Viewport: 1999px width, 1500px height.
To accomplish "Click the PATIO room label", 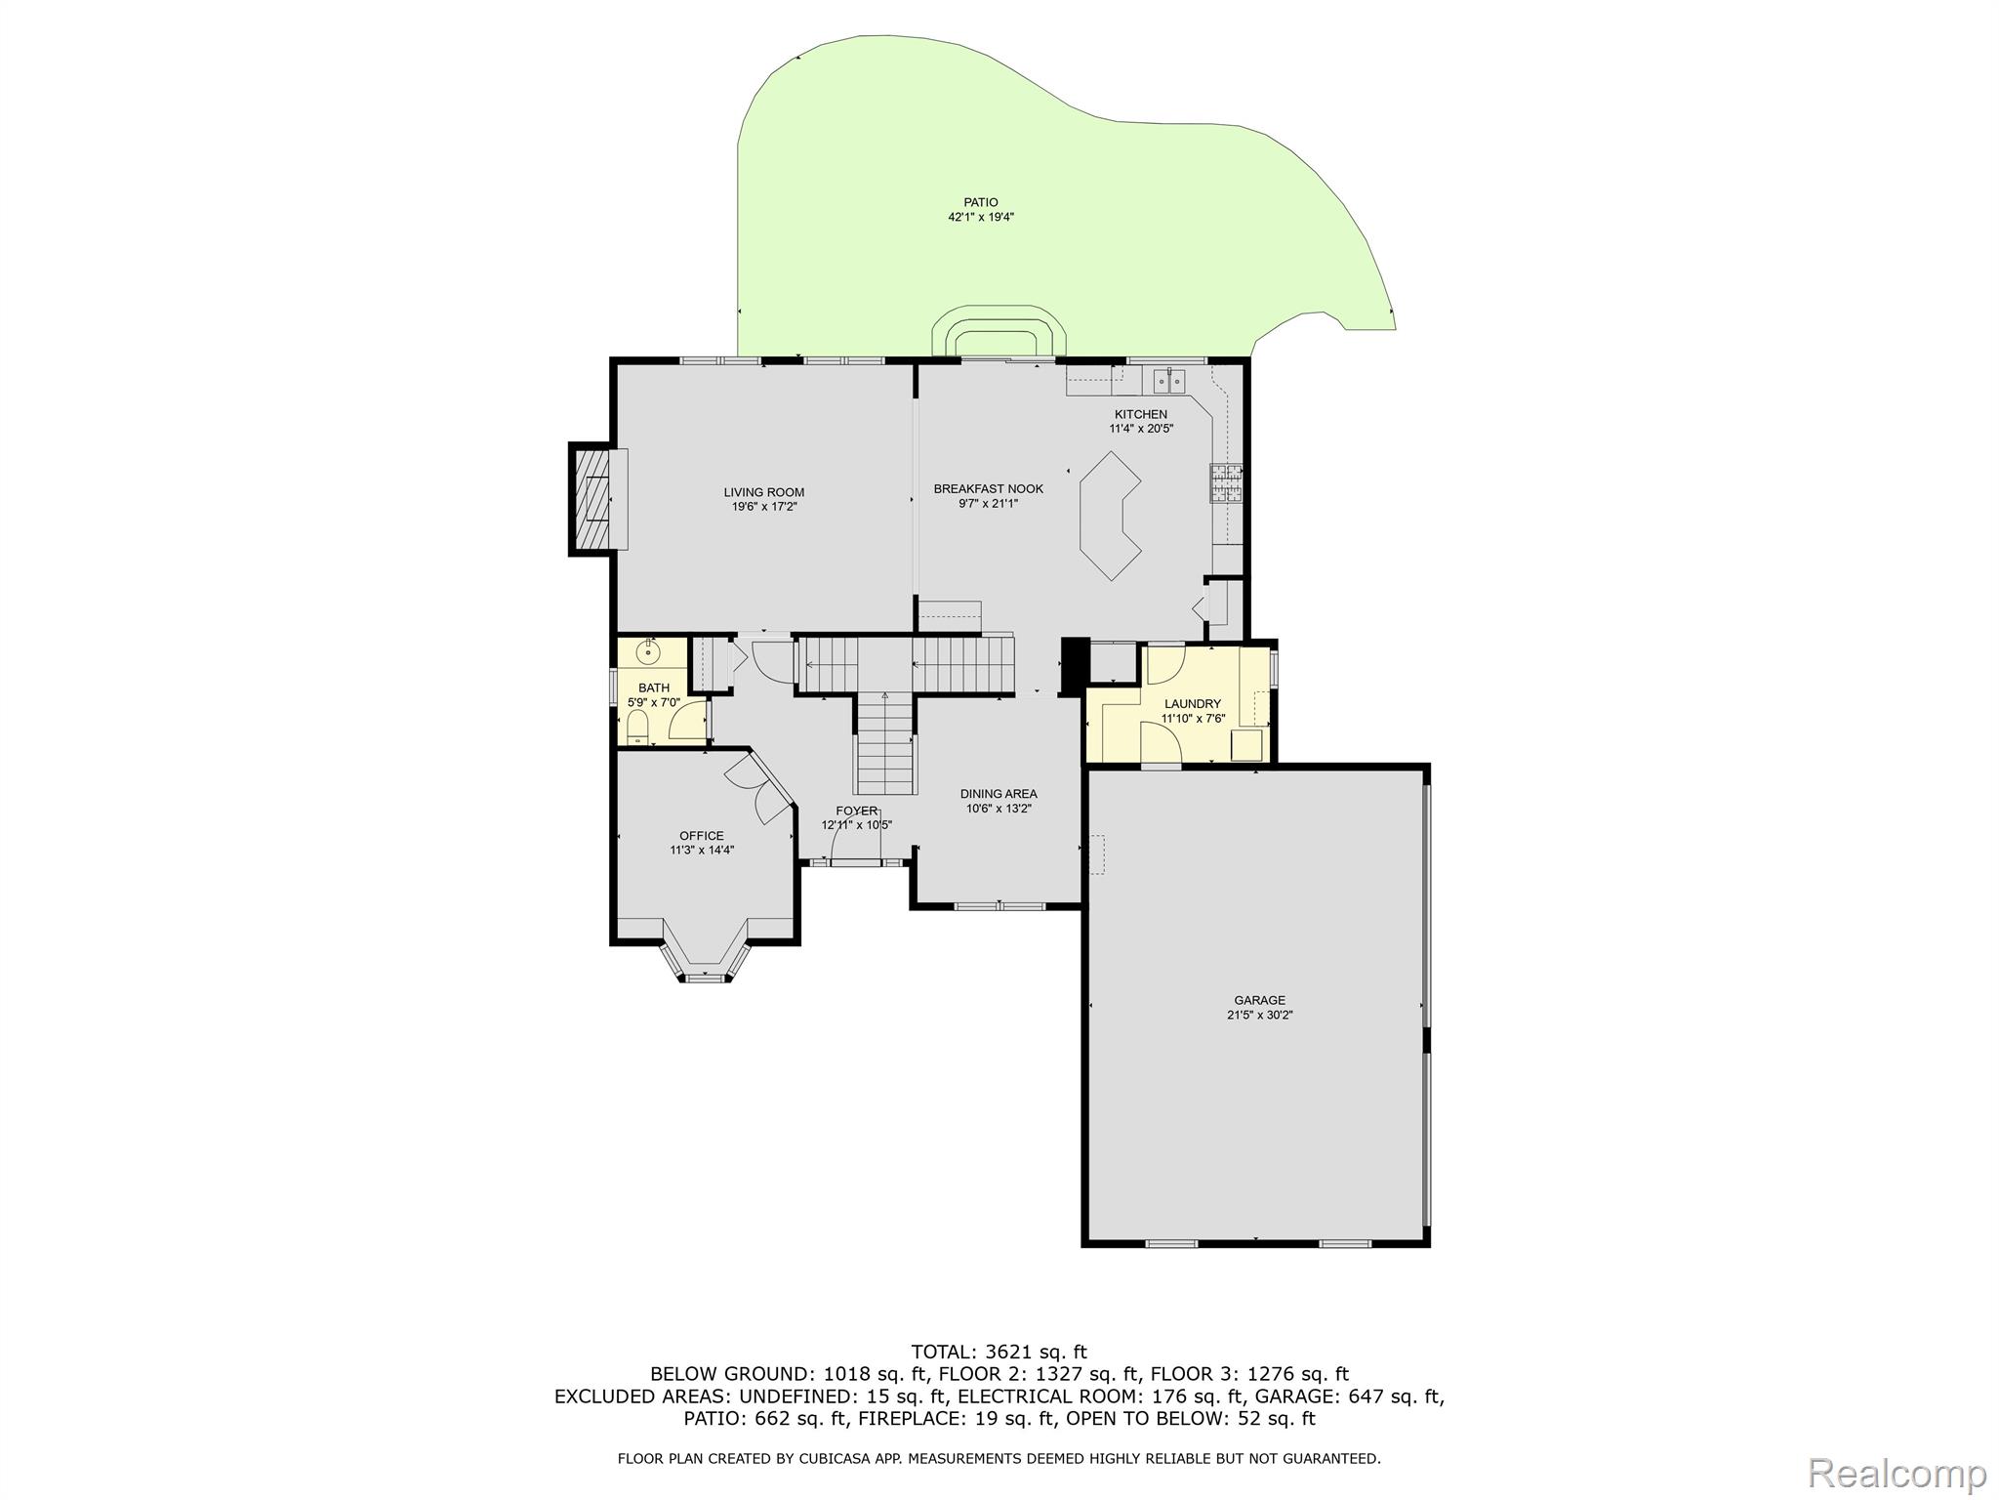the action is tap(981, 202).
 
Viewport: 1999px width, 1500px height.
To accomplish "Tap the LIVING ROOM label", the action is tap(764, 492).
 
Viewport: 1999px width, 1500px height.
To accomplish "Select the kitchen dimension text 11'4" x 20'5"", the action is tap(1141, 428).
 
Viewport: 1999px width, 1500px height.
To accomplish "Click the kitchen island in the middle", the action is tap(1111, 516).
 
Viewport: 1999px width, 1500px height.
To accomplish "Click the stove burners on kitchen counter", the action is tap(1227, 482).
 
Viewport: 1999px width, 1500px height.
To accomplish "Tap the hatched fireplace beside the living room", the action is tap(591, 499).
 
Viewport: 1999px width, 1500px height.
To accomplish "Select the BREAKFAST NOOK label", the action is tap(989, 488).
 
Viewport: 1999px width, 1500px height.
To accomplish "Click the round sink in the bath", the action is tap(647, 650).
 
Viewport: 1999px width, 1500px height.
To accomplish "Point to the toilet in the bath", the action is tap(637, 727).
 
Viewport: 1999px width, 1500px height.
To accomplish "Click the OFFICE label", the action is tap(702, 835).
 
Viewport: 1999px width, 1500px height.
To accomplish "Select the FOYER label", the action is tap(856, 811).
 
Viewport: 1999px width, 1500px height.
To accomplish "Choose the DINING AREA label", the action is tap(999, 794).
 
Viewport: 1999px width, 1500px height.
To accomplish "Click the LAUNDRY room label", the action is tap(1193, 703).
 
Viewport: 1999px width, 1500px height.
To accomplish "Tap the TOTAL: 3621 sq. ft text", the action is tap(999, 1352).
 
